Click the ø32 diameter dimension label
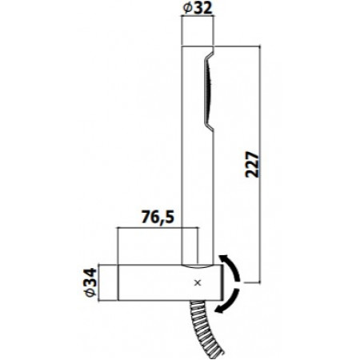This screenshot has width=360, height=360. point(198,8)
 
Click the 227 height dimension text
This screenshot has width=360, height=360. point(252,164)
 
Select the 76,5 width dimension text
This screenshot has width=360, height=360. point(158,217)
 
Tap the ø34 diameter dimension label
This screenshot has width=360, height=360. point(90,282)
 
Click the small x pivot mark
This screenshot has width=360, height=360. point(198,283)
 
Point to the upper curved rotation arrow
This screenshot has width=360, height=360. point(231,267)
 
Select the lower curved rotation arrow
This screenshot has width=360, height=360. point(228,300)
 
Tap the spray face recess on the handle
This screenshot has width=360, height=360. point(209,90)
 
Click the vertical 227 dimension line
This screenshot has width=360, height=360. point(259,165)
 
